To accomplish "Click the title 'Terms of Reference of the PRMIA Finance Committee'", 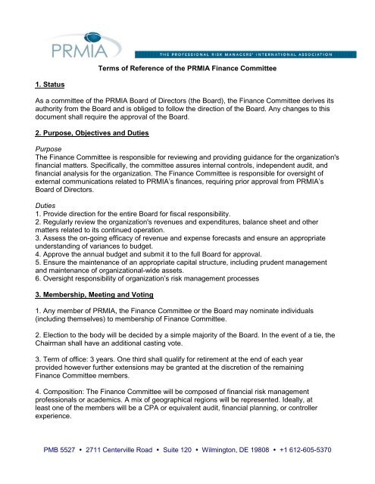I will pyautogui.click(x=187, y=70).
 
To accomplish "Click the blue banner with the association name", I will pyautogui.click(x=255, y=53).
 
